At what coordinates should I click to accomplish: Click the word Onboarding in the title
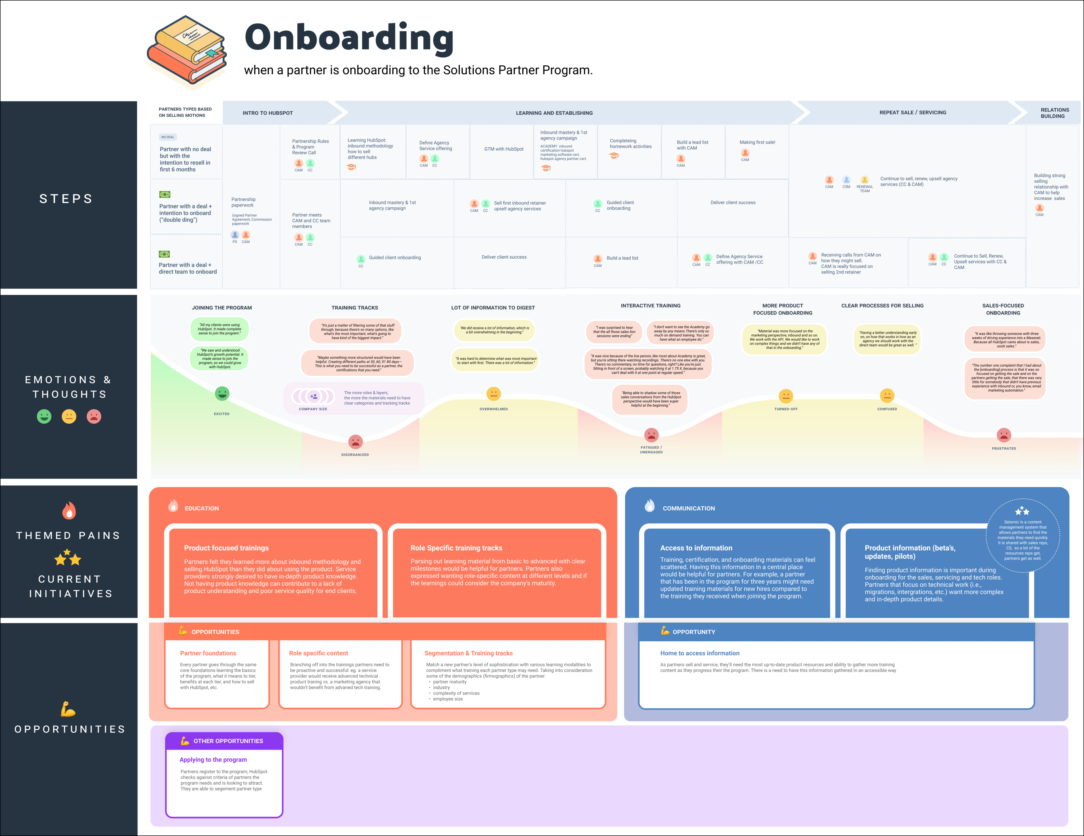click(x=349, y=38)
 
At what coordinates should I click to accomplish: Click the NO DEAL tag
click(x=168, y=137)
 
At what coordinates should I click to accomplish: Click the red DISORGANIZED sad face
click(x=355, y=441)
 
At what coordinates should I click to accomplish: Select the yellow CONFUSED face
click(x=887, y=396)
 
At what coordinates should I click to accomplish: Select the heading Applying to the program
click(x=213, y=759)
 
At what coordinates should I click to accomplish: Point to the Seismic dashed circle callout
click(x=1022, y=536)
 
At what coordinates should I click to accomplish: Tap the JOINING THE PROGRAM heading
click(x=222, y=308)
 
